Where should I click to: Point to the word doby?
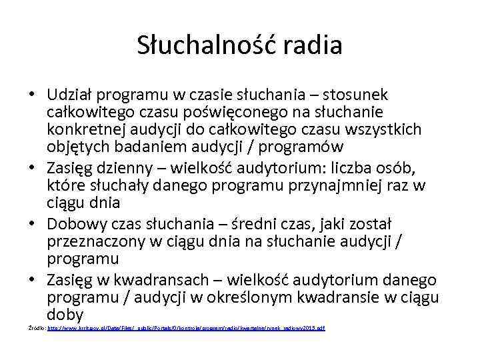click(65, 314)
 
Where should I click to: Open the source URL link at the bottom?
click(187, 329)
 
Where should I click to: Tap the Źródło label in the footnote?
click(35, 329)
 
